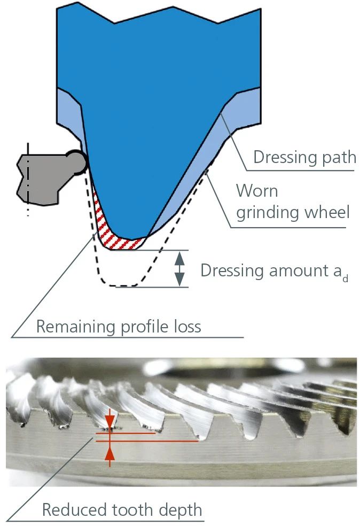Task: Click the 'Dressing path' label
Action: [304, 158]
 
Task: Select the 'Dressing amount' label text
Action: [274, 271]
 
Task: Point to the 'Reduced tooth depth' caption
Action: [122, 509]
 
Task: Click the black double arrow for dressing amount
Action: [180, 268]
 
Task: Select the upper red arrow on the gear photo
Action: [109, 420]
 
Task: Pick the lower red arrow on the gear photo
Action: [109, 453]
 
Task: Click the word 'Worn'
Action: [257, 190]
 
